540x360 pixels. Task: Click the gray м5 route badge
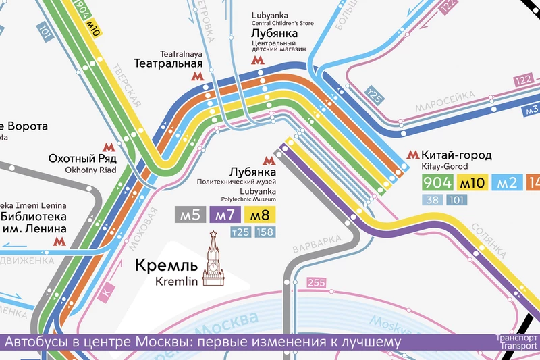(x=190, y=215)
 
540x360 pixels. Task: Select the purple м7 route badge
(x=225, y=215)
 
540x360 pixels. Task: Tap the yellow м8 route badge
(x=260, y=215)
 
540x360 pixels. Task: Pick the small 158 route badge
(x=265, y=233)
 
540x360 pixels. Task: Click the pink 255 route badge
(x=316, y=282)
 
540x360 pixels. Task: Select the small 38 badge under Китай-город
(x=433, y=199)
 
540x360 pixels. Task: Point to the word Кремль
(x=167, y=265)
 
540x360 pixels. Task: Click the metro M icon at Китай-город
(x=412, y=156)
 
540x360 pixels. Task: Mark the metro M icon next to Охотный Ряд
(x=108, y=147)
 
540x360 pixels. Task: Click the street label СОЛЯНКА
(x=493, y=240)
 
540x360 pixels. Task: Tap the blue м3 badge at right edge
(x=532, y=110)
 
